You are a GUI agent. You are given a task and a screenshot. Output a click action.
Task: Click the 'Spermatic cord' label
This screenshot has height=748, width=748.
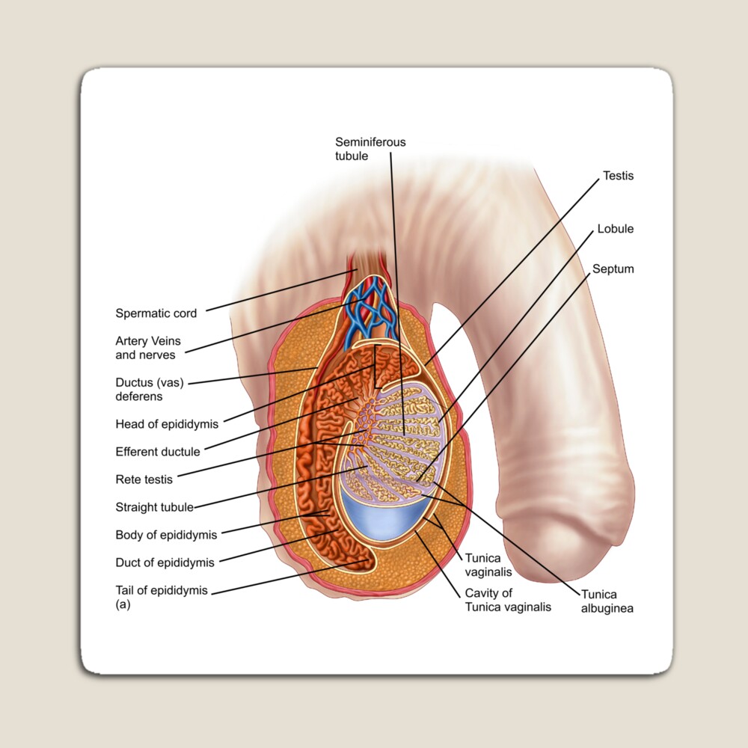(x=156, y=313)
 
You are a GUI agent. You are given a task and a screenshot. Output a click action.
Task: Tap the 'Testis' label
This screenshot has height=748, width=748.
(x=618, y=176)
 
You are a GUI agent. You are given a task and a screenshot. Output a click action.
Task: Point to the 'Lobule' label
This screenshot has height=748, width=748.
(x=615, y=229)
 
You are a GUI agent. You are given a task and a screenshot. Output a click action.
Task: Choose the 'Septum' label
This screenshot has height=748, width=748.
(x=613, y=269)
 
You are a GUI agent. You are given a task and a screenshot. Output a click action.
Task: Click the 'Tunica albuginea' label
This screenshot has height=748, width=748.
(x=607, y=601)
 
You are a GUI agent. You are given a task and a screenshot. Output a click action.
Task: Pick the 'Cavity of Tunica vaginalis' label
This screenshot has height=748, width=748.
(x=508, y=600)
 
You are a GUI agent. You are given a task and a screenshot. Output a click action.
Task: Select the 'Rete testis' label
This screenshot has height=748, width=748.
(x=144, y=479)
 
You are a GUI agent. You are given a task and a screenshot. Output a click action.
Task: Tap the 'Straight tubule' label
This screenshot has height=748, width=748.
(x=154, y=507)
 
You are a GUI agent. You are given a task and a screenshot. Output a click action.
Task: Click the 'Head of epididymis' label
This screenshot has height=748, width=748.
(x=167, y=424)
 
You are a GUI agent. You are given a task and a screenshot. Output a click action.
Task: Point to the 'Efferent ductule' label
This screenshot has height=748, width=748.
(x=157, y=452)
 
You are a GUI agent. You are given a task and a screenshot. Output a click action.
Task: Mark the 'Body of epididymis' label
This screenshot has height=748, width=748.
(x=166, y=535)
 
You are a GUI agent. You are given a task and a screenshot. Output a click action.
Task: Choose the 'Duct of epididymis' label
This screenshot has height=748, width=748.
(x=165, y=562)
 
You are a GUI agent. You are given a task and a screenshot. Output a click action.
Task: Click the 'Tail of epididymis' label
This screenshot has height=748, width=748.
(x=162, y=590)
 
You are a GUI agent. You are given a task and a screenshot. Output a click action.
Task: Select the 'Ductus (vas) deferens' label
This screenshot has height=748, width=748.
(x=150, y=389)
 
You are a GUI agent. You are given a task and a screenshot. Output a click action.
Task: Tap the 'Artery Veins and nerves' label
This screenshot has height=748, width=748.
(x=148, y=348)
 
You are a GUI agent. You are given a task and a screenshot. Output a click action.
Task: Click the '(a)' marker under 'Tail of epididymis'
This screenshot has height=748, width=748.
(x=123, y=605)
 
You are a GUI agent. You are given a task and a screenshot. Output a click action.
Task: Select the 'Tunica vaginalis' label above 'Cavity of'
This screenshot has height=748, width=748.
(x=488, y=565)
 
